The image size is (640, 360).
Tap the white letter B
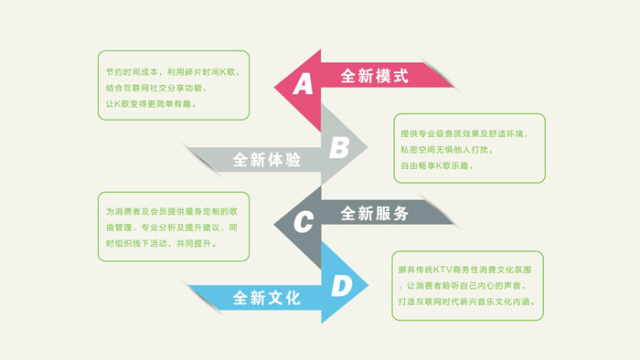click(x=338, y=147)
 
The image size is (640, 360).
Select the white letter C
click(x=303, y=221)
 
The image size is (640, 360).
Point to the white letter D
click(x=341, y=286)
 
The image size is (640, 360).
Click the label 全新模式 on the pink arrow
click(x=374, y=76)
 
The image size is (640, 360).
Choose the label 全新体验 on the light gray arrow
click(x=266, y=160)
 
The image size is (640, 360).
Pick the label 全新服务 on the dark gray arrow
click(x=375, y=213)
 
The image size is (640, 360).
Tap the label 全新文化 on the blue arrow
click(x=266, y=298)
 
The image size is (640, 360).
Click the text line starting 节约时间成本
click(x=173, y=71)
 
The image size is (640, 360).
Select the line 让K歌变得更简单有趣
click(x=152, y=104)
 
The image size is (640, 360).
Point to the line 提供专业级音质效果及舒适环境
click(x=464, y=133)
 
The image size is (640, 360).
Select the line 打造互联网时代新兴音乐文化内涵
click(x=467, y=302)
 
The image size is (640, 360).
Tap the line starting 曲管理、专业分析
click(x=173, y=228)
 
